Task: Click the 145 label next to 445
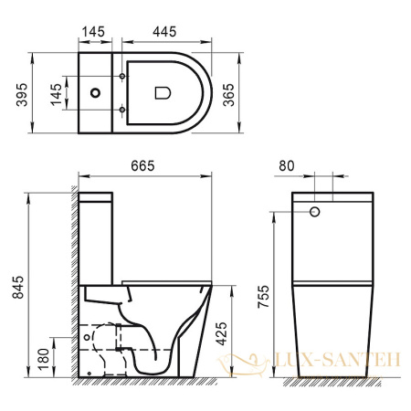pos(95,32)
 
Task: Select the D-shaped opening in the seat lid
pos(163,92)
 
